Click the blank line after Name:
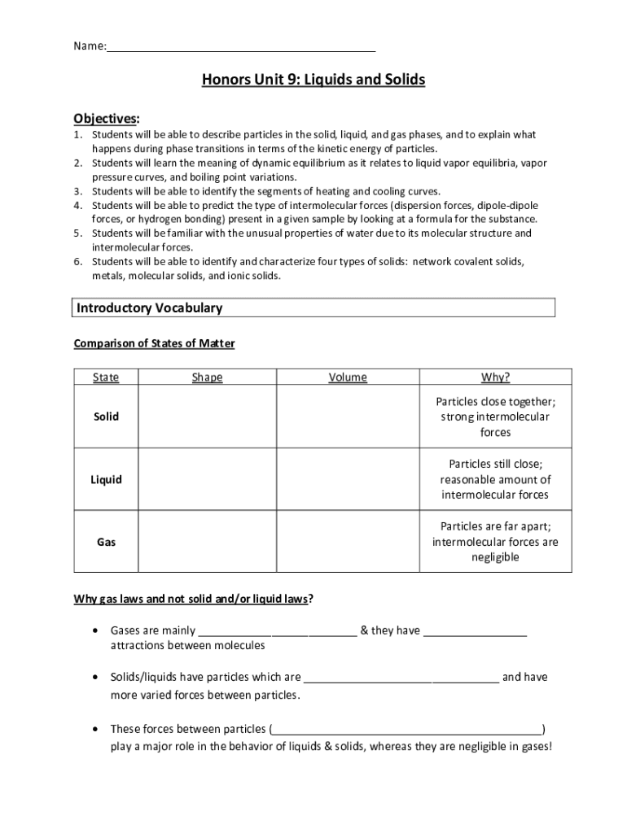pyautogui.click(x=241, y=47)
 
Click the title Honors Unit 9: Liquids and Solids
pyautogui.click(x=313, y=81)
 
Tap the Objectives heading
pyautogui.click(x=107, y=118)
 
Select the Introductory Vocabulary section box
pyautogui.click(x=314, y=308)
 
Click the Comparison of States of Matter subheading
pyautogui.click(x=154, y=343)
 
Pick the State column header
pyautogui.click(x=106, y=377)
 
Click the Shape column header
pyautogui.click(x=207, y=377)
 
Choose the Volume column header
pyautogui.click(x=348, y=377)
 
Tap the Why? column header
pyautogui.click(x=495, y=377)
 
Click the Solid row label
pyautogui.click(x=106, y=416)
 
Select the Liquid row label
pyautogui.click(x=106, y=479)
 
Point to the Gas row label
pyautogui.click(x=106, y=542)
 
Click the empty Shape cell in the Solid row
pyautogui.click(x=207, y=416)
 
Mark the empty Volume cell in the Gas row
pyautogui.click(x=348, y=542)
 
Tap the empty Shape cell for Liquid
pyautogui.click(x=207, y=479)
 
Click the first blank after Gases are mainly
pyautogui.click(x=278, y=631)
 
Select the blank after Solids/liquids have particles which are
pyautogui.click(x=401, y=678)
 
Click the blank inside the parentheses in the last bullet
pyautogui.click(x=407, y=729)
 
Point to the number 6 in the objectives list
pyautogui.click(x=77, y=262)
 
